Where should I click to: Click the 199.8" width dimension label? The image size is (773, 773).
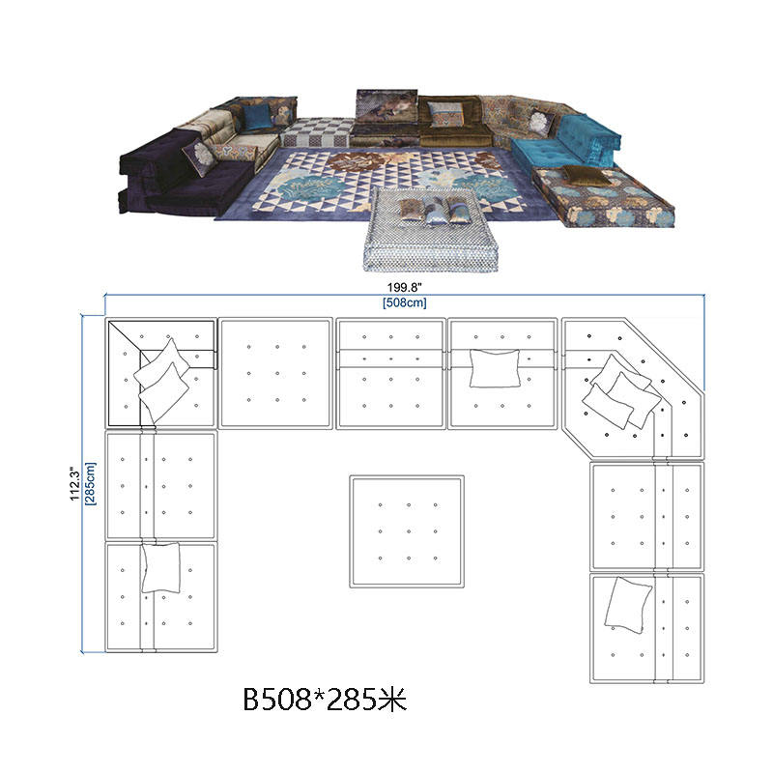[404, 287]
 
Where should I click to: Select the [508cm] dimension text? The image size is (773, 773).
[404, 302]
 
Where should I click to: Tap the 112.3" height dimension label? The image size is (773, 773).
[75, 484]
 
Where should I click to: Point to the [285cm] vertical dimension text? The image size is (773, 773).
[91, 484]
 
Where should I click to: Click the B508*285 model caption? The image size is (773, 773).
[326, 699]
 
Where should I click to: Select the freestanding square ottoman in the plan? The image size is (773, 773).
[407, 531]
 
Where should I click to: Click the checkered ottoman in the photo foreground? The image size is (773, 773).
[429, 228]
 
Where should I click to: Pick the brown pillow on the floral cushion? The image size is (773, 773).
[586, 174]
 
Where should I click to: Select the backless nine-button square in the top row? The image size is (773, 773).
[275, 373]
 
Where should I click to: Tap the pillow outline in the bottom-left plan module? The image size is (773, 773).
[160, 567]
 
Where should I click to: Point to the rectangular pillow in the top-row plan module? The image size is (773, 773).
[495, 368]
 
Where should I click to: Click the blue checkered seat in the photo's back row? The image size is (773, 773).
[316, 131]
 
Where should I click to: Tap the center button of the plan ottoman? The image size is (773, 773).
[409, 531]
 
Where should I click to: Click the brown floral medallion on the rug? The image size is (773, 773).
[354, 162]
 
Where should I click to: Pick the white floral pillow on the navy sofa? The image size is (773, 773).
[200, 157]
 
